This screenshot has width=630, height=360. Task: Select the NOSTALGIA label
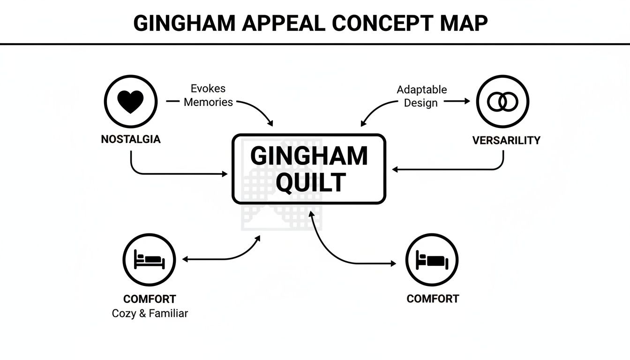coord(131,139)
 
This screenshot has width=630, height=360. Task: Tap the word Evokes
coord(208,89)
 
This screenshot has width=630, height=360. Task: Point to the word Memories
coord(208,102)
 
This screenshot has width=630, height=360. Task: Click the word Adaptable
coord(422,90)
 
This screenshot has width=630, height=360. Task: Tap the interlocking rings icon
coord(502,102)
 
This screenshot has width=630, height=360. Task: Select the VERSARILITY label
coord(506,140)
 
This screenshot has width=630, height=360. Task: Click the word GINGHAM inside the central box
coord(309,156)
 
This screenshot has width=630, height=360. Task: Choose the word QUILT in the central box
coord(310,182)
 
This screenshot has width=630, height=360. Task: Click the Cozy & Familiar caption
coord(150,314)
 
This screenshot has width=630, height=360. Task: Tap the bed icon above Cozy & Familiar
coord(149,259)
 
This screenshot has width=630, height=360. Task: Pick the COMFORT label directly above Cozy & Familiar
coord(150,299)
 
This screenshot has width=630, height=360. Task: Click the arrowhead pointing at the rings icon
coord(466,101)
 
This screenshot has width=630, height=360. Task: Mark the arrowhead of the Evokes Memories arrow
coord(270,123)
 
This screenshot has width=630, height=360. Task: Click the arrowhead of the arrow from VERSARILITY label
coord(395,170)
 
